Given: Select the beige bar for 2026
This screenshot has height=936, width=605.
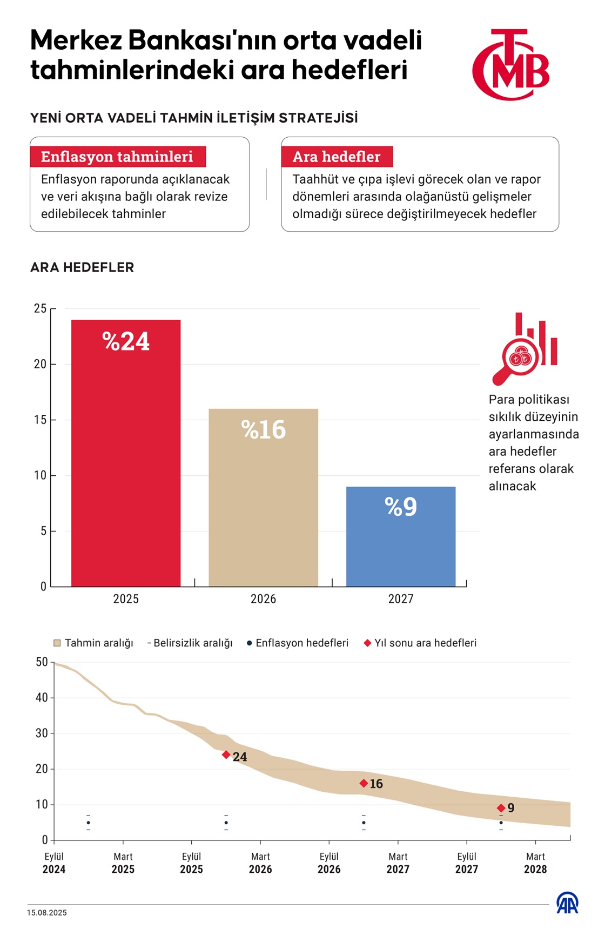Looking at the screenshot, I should [x=263, y=497].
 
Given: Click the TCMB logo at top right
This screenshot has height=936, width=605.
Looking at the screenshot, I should [x=510, y=65].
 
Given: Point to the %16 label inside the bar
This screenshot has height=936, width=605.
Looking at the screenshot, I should [x=264, y=430].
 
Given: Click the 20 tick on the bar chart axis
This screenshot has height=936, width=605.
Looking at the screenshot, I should [x=41, y=365].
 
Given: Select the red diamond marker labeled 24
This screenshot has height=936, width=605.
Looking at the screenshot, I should [x=226, y=755].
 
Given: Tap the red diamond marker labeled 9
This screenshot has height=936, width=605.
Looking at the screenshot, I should [x=501, y=808].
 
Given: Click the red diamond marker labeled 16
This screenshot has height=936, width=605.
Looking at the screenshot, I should [x=364, y=783].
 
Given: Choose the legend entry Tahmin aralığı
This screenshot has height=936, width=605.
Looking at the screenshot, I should [x=93, y=643].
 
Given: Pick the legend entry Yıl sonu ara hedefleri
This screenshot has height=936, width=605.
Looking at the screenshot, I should [x=420, y=643].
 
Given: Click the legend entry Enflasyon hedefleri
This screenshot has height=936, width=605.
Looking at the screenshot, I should [x=298, y=643].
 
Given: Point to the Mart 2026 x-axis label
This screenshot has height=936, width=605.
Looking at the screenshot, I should [x=260, y=863].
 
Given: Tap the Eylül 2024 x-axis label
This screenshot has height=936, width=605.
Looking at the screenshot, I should [x=54, y=863].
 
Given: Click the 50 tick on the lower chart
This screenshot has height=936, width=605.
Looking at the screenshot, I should [x=42, y=662].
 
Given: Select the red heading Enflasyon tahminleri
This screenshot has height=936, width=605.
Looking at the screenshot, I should [x=117, y=157].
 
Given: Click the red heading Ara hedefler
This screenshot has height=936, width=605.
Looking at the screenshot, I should [x=337, y=157].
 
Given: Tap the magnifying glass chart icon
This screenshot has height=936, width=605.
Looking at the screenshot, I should [x=524, y=348].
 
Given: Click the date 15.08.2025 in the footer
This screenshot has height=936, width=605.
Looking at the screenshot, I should [x=47, y=913].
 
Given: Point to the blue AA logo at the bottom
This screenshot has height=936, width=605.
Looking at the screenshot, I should [x=567, y=903].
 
